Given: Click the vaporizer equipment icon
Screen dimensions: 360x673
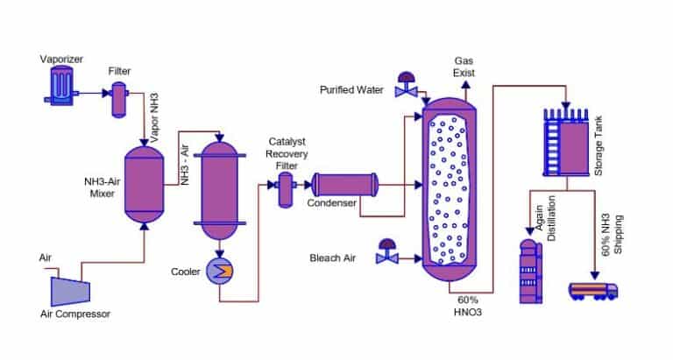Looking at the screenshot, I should pyautogui.click(x=60, y=86).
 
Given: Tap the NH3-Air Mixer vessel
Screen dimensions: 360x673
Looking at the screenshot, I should pyautogui.click(x=144, y=183).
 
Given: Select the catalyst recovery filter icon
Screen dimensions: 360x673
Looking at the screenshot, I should pyautogui.click(x=285, y=188).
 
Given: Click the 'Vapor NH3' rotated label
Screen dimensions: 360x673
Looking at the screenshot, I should pyautogui.click(x=155, y=113).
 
